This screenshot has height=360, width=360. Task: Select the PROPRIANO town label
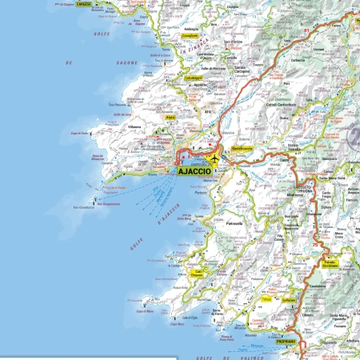point(286,342)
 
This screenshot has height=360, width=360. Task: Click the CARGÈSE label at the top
point(84,4)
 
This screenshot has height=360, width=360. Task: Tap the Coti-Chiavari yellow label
point(198,274)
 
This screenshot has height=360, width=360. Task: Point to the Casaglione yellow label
point(190,36)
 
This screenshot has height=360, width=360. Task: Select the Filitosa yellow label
point(266,299)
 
